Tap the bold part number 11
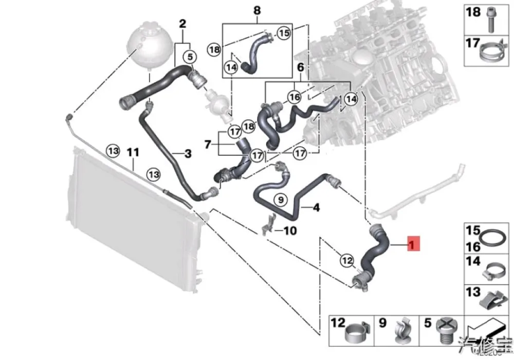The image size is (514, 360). click(133, 152)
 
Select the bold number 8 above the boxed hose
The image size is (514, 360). click(257, 10)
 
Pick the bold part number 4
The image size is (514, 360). click(316, 208)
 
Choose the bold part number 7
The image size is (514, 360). click(208, 145)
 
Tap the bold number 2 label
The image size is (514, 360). click(182, 23)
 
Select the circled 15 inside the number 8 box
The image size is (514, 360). click(283, 33)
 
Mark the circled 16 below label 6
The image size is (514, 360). click(294, 97)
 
